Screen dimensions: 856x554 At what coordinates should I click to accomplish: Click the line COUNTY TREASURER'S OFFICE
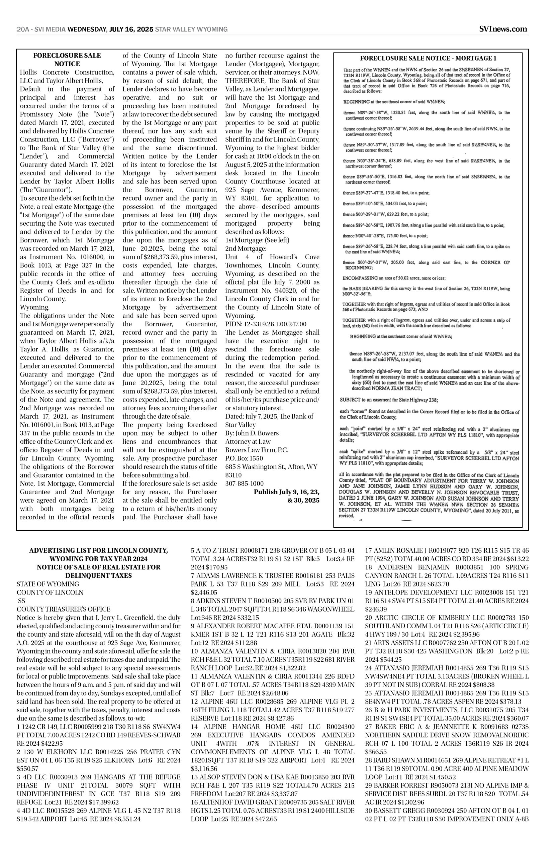[64, 609]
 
